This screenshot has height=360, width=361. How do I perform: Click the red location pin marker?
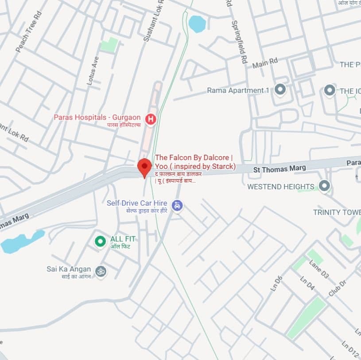(144, 167)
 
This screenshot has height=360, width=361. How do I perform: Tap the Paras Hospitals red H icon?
(151, 119)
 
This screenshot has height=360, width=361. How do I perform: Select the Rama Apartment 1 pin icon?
(279, 90)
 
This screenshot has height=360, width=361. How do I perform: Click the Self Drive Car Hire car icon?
(177, 205)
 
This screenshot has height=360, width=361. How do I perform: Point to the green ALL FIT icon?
(101, 241)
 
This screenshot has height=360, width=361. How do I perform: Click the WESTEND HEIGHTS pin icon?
(325, 186)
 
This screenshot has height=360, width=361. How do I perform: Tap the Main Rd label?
(265, 63)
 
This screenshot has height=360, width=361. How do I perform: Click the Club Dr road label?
(337, 288)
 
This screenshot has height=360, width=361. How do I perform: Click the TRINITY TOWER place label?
(337, 212)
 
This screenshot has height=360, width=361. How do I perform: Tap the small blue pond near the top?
(197, 23)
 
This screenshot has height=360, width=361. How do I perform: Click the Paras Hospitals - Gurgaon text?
(97, 117)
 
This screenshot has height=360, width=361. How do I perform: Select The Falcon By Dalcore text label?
(194, 158)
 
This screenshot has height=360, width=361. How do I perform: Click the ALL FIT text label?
(123, 239)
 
